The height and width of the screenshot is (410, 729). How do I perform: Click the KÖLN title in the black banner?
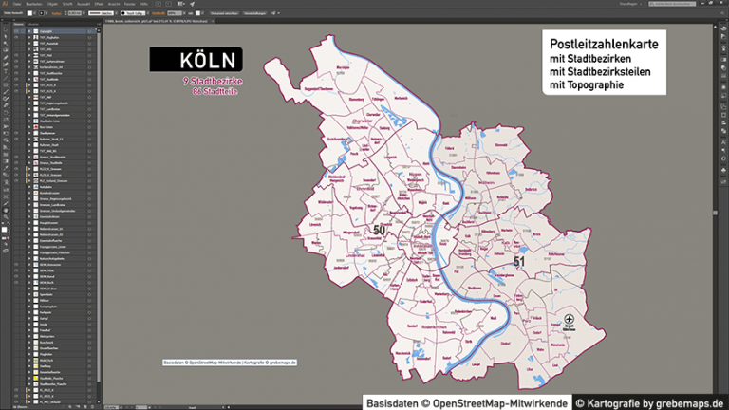click(x=208, y=60)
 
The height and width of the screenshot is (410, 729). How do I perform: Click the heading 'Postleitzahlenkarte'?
click(x=604, y=44)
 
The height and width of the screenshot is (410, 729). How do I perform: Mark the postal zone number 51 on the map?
click(x=518, y=261)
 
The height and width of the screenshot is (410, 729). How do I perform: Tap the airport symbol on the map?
click(x=569, y=320)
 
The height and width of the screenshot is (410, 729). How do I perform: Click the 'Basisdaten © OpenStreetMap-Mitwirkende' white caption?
click(x=467, y=402)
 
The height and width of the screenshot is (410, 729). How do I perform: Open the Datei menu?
click(x=17, y=4)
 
